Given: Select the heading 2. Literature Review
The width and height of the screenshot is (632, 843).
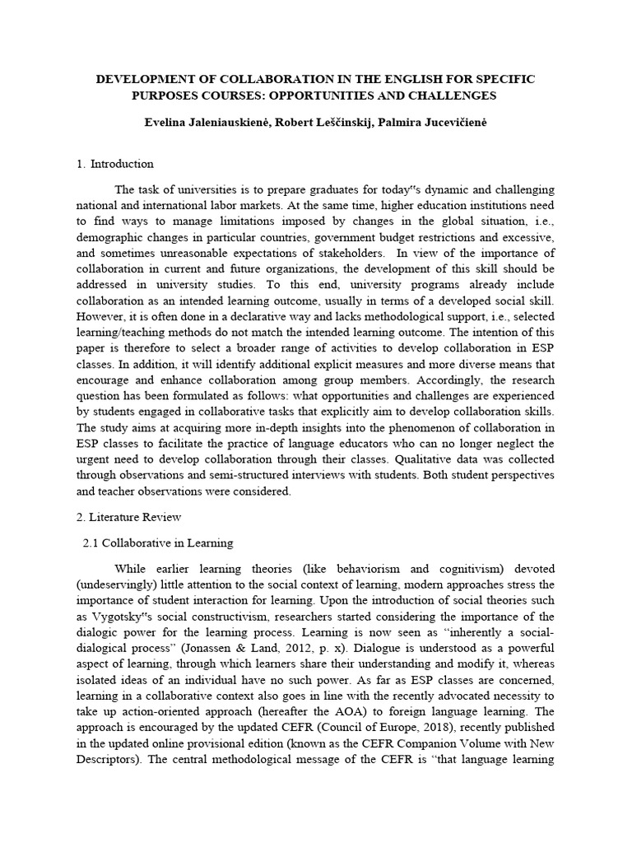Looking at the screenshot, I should tap(128, 517).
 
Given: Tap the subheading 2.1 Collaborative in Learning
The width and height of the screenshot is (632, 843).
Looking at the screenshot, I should tap(159, 543).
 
